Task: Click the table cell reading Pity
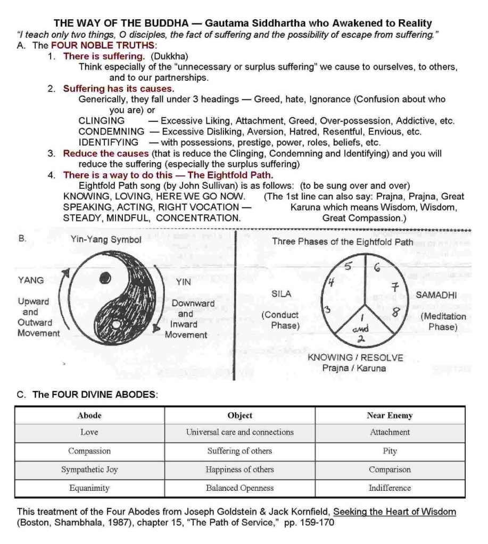[x=390, y=451]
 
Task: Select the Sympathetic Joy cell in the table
[x=89, y=470]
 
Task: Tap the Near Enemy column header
[x=390, y=415]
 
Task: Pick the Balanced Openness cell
[x=239, y=488]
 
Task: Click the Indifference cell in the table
[x=390, y=488]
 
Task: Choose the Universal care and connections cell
[x=239, y=432]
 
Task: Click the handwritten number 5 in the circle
[x=349, y=267]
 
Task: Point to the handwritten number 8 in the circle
[x=395, y=313]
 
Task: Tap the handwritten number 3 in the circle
[x=328, y=310]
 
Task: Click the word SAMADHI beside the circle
[x=436, y=295]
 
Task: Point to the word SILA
[x=281, y=294]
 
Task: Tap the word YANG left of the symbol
[x=31, y=280]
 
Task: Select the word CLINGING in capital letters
[x=102, y=121]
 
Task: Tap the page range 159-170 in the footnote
[x=317, y=522]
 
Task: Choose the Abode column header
[x=89, y=415]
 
